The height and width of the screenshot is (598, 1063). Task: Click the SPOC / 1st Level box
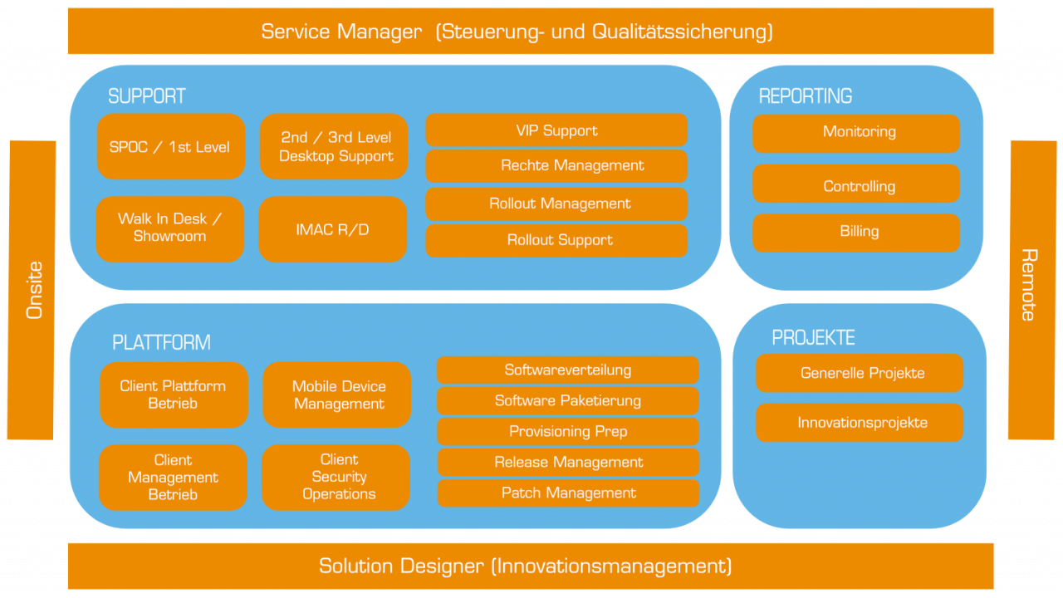[x=170, y=147]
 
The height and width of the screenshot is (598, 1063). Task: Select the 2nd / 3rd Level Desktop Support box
[x=335, y=147]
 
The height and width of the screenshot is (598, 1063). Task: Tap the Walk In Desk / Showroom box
[x=170, y=228]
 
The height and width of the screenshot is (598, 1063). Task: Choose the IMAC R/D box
[x=333, y=229]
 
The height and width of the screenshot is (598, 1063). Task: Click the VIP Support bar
[x=556, y=130]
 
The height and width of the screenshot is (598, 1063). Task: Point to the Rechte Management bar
[x=556, y=166]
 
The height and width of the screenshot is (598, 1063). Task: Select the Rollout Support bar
[x=556, y=240]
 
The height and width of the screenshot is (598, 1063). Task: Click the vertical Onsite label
[x=32, y=290]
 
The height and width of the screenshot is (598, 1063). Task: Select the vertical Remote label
[x=1030, y=285]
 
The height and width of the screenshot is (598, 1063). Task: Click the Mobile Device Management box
[x=337, y=395]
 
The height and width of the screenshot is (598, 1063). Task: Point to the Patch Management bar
[x=568, y=493]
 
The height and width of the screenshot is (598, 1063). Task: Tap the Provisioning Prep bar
[x=568, y=432]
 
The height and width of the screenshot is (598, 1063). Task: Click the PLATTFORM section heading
[x=161, y=342]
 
